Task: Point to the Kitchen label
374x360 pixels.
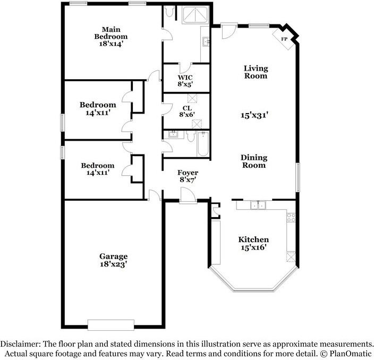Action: pos(253,239)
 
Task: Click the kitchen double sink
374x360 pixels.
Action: pos(258,205)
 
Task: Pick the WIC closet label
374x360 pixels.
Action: pos(185,76)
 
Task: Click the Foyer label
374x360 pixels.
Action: pos(188,173)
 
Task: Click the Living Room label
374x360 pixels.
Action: pos(256,72)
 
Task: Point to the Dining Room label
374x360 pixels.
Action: pos(253,161)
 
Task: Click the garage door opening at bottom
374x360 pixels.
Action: pos(110,324)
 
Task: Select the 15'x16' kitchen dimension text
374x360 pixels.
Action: pos(253,247)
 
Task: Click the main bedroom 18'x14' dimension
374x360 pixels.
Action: pos(111,44)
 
